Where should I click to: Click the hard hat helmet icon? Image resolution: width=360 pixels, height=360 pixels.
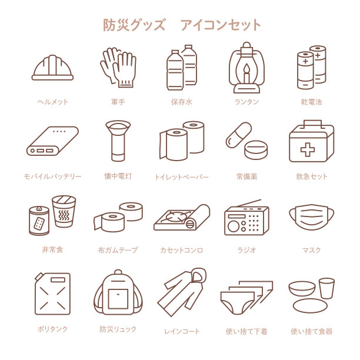pos(52,68)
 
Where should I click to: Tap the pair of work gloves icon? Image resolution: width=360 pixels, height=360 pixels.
pos(118,67)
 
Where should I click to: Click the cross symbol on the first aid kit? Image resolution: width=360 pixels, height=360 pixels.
pos(307,149)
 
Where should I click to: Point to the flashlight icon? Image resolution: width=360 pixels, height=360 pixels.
pos(118,141)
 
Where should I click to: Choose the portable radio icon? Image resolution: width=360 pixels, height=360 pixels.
pos(246,219)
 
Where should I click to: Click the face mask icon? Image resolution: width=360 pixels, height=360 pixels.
pos(311,217)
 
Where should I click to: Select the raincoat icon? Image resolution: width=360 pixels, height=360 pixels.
pos(182,292)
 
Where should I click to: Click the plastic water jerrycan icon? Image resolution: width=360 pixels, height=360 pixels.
pos(52,294)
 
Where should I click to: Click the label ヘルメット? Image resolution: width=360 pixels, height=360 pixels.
pos(52,102)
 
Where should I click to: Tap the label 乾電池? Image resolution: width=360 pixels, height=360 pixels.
pos(311,102)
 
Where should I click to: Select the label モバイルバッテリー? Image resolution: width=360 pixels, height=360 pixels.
pos(52,176)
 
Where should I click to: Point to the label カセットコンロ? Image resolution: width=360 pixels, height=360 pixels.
pos(182,250)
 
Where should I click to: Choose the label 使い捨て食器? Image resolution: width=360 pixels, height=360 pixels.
pos(311,331)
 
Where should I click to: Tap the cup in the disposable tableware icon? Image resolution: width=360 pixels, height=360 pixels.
pos(326,287)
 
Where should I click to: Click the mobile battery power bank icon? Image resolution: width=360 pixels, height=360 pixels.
pos(52,142)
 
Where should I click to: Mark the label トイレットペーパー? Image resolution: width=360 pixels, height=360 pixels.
pos(182,176)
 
